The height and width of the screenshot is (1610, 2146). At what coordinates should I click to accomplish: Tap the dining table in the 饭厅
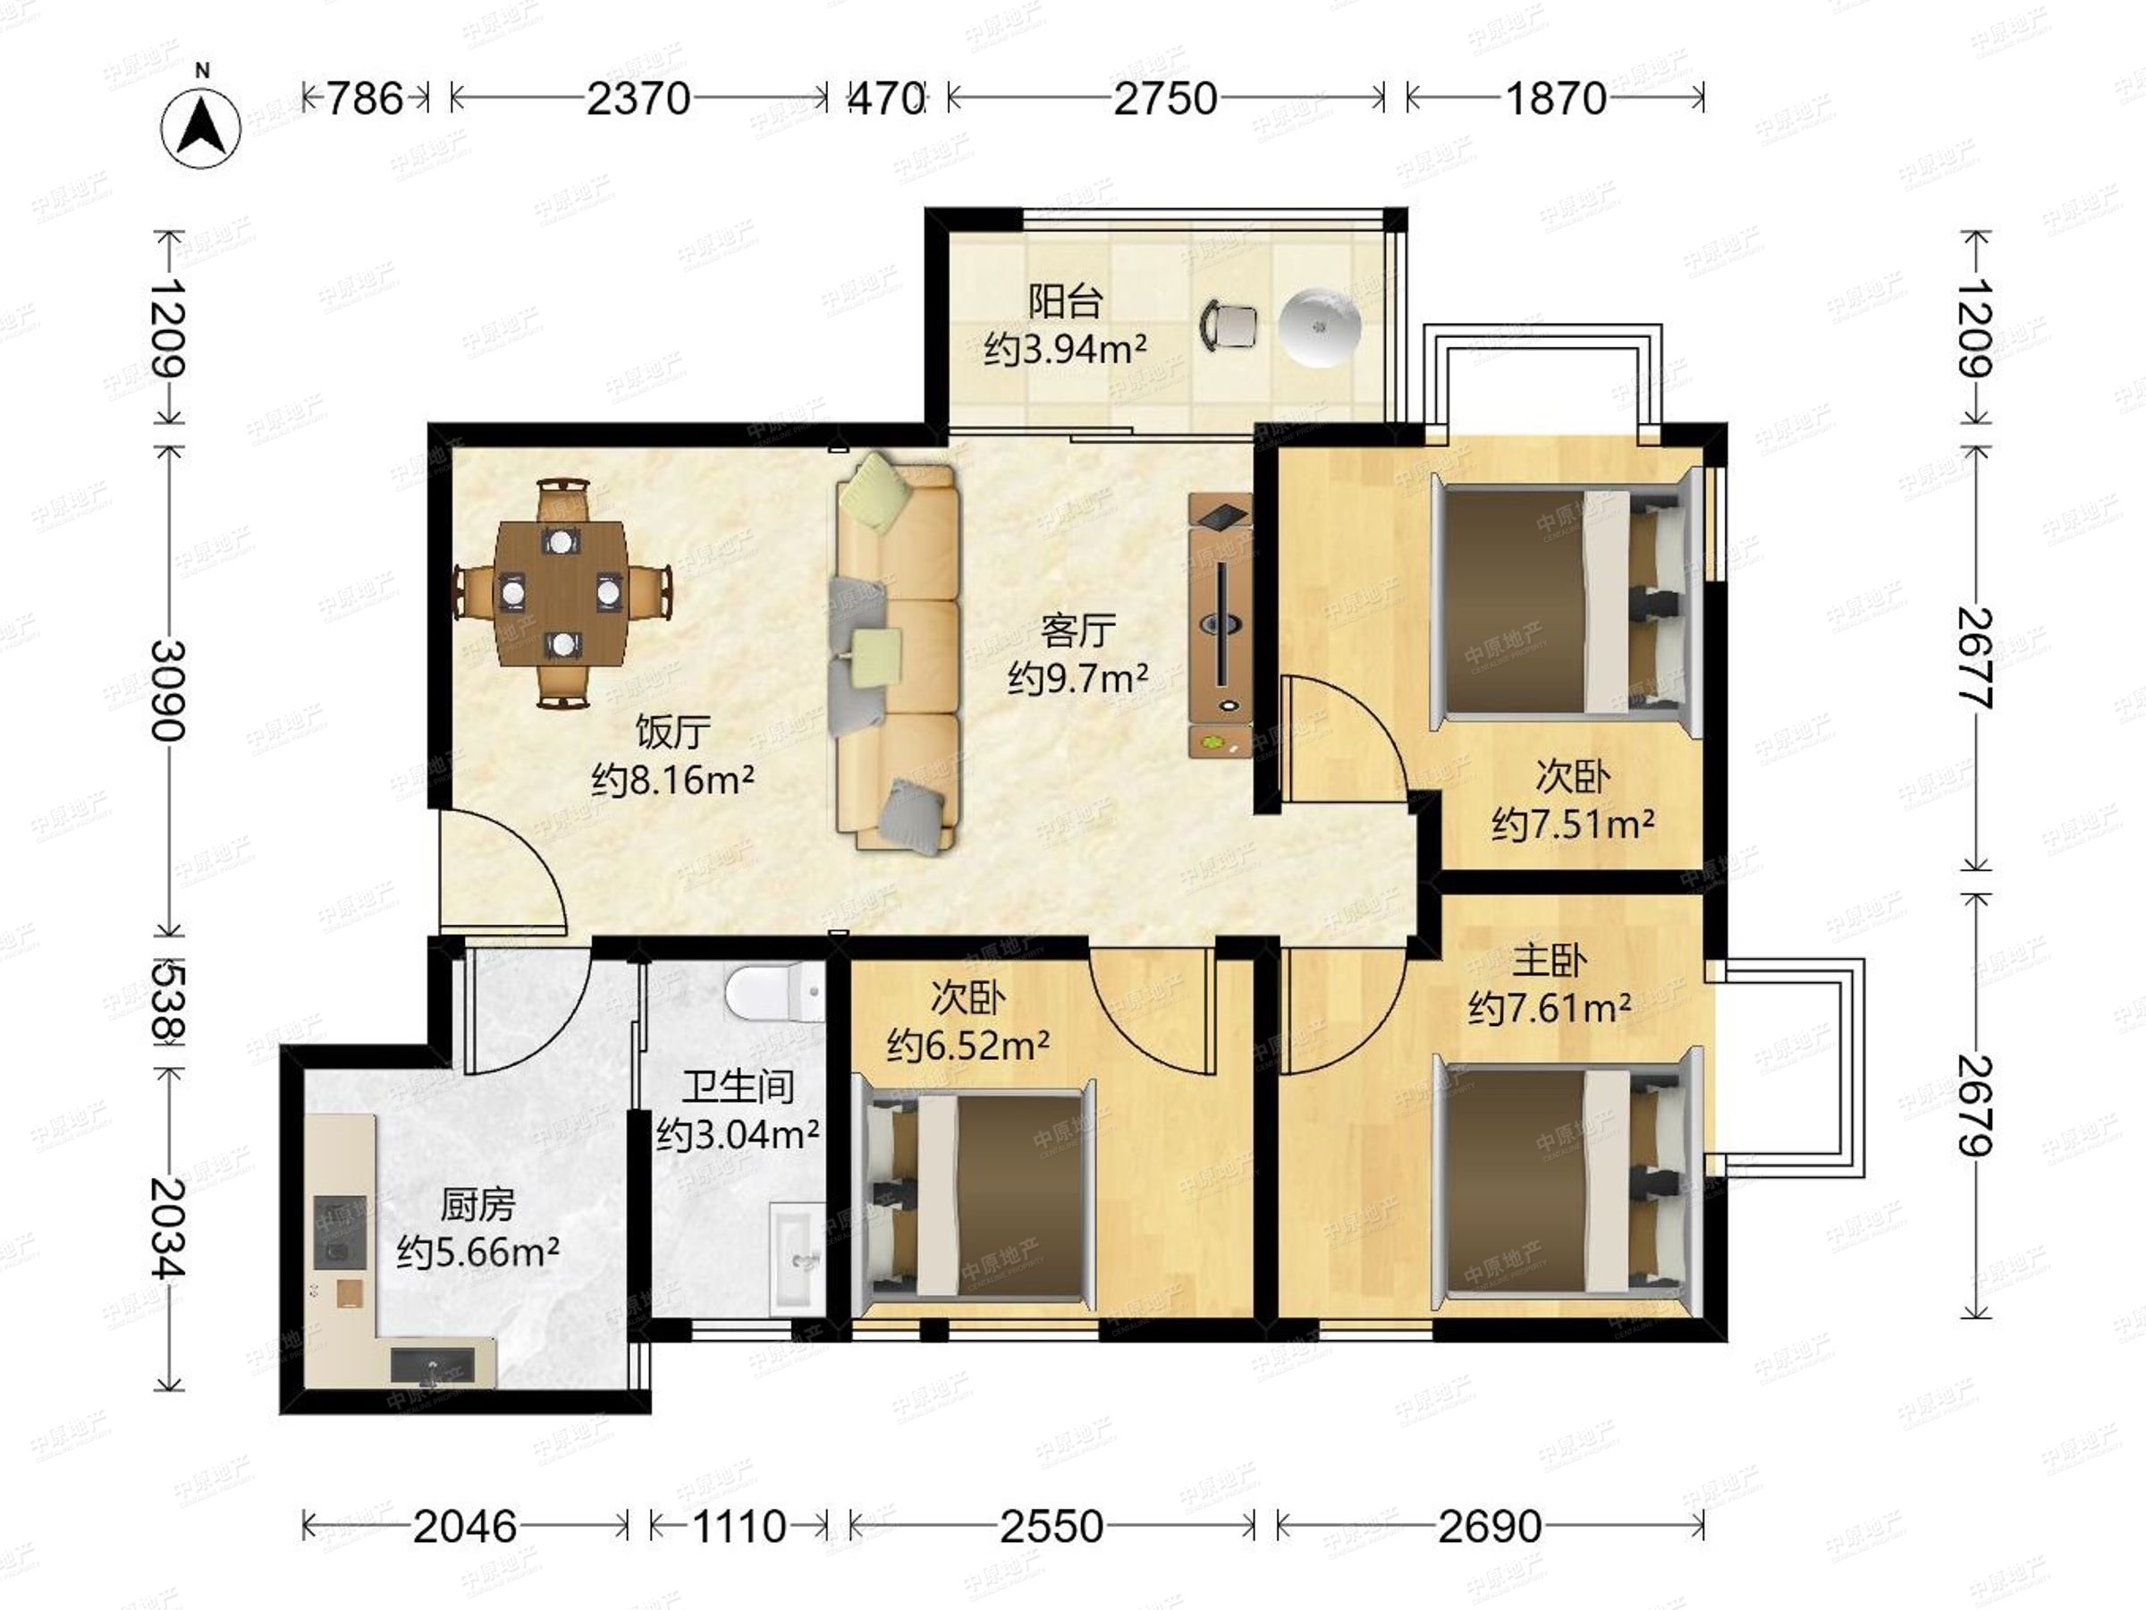coord(561,592)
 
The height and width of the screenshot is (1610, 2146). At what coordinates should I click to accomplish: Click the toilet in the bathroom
coord(774,991)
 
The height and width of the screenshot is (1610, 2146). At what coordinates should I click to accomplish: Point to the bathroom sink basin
coord(798,1258)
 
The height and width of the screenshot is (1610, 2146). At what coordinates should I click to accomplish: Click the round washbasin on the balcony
coord(1320,327)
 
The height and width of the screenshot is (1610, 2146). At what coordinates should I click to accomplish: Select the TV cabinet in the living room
coord(1221,626)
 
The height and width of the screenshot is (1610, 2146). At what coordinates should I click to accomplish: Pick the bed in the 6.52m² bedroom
coord(980,1194)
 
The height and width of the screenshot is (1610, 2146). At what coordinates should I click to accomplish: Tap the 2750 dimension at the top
coord(1164,98)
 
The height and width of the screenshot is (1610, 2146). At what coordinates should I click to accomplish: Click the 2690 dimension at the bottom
coord(1489,1527)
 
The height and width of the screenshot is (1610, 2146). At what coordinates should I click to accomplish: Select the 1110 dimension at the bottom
coord(739,1527)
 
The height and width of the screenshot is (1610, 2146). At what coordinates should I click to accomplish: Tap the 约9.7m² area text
coord(1077,677)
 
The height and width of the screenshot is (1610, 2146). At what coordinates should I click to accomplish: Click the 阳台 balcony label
coord(1064,301)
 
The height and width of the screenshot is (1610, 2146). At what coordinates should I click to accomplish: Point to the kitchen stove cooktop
coord(340,1233)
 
